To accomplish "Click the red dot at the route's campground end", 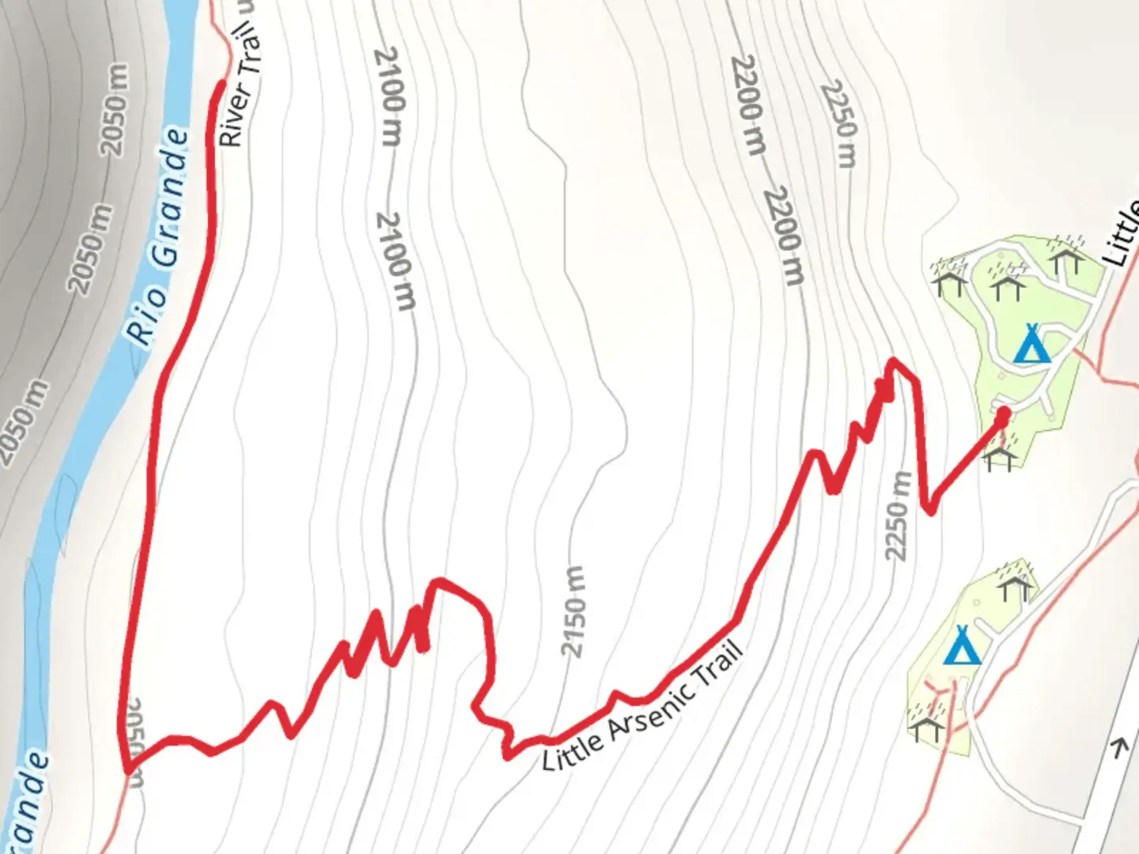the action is [x=1003, y=414].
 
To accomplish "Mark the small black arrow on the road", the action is [x=1118, y=747].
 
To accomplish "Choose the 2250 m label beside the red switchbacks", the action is [x=897, y=516].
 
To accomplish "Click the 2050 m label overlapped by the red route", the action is [x=134, y=741].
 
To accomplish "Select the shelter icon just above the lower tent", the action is [x=1014, y=584].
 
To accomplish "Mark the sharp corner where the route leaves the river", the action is [x=127, y=769].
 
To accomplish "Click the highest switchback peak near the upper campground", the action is [x=894, y=362].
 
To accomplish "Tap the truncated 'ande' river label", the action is [x=32, y=803].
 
